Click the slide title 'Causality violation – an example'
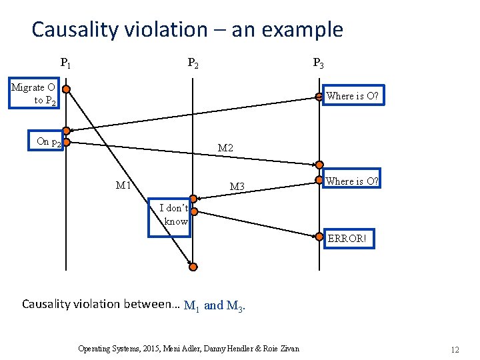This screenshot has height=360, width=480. [x=187, y=29]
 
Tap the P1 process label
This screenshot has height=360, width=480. [x=65, y=64]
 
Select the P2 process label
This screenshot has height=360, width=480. [x=193, y=64]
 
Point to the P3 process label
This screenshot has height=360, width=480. [x=319, y=64]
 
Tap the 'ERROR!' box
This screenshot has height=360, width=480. [x=347, y=238]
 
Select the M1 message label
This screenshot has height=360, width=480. [x=123, y=185]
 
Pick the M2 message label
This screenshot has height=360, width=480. [x=225, y=148]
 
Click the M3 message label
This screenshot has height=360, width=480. [x=237, y=186]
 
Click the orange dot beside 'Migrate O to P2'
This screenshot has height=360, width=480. [x=67, y=87]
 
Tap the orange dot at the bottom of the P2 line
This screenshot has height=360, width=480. [x=193, y=267]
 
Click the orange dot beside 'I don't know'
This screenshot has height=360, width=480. [x=193, y=213]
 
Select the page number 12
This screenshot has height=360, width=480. [x=455, y=349]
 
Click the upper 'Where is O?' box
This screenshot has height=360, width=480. [x=353, y=96]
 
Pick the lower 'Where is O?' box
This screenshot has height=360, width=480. [x=353, y=181]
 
